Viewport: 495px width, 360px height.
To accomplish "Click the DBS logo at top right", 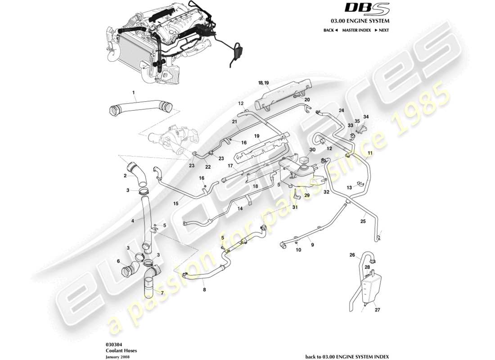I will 360,8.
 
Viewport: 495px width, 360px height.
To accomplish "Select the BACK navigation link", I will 330,30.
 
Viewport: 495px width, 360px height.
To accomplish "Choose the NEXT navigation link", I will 382,30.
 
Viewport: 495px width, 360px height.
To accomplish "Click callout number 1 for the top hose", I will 134,93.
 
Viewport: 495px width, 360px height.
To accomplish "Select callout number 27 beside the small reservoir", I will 377,310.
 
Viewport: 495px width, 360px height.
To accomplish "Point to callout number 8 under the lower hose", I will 204,290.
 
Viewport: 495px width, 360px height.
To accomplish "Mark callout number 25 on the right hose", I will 363,221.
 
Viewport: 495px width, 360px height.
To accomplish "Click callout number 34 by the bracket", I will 366,117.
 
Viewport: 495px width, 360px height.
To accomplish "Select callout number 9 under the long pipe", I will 312,245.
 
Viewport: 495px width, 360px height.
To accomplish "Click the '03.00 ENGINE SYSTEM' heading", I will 360,21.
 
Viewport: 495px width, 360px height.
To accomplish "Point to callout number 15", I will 176,204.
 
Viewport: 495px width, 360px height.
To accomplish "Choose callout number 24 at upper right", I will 341,110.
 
